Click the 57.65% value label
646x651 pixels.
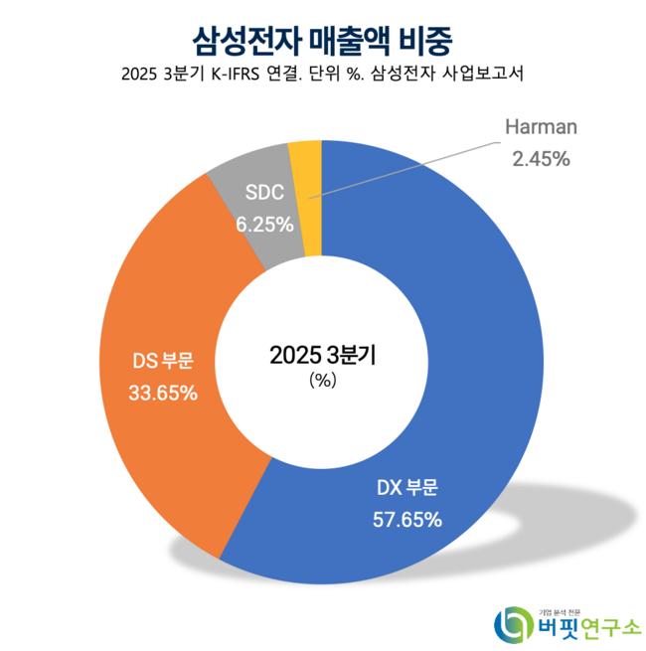pyautogui.click(x=408, y=519)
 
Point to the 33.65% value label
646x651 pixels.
pyautogui.click(x=163, y=393)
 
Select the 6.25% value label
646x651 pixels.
pyautogui.click(x=264, y=224)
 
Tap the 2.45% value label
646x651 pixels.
pyautogui.click(x=541, y=157)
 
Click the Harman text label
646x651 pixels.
pyautogui.click(x=541, y=128)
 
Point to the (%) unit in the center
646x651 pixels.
pyautogui.click(x=323, y=381)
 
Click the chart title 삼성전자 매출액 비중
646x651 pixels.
pyautogui.click(x=323, y=38)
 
